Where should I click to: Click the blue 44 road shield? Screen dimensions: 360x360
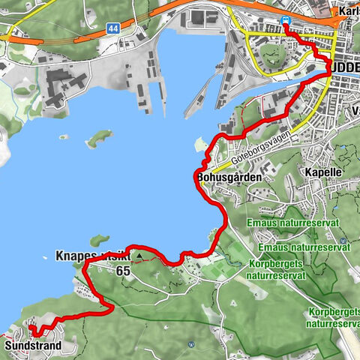pyautogui.click(x=112, y=28)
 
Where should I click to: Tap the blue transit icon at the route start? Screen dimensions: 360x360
pyautogui.click(x=286, y=22)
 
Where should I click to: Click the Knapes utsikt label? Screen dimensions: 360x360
pyautogui.click(x=94, y=255)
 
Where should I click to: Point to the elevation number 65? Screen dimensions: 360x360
pyautogui.click(x=124, y=271)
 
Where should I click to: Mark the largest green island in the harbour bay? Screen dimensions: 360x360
pyautogui.click(x=99, y=139)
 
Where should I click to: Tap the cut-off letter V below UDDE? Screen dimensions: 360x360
pyautogui.click(x=355, y=111)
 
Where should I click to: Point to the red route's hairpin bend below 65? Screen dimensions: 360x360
pyautogui.click(x=109, y=307)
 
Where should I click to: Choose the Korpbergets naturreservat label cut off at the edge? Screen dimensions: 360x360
pyautogui.click(x=333, y=317)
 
